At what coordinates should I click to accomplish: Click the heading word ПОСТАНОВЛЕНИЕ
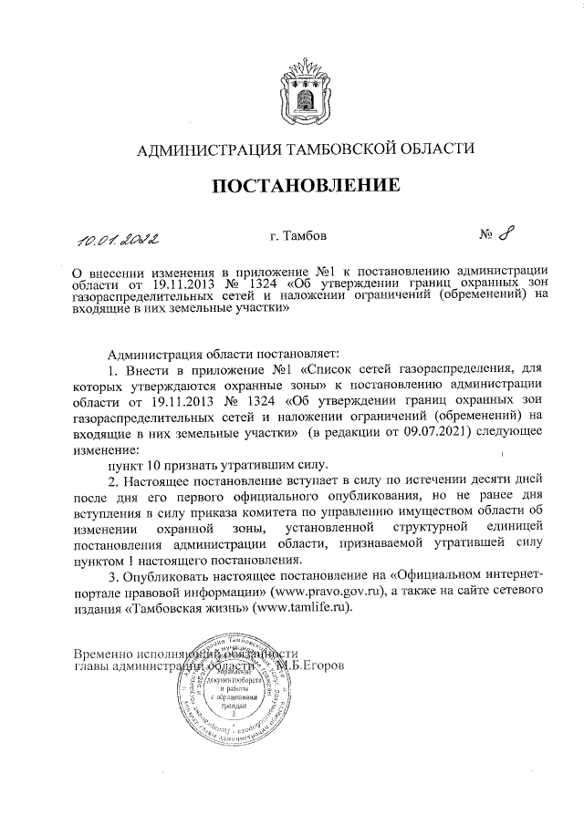306,186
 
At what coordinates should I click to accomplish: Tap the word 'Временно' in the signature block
104,654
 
